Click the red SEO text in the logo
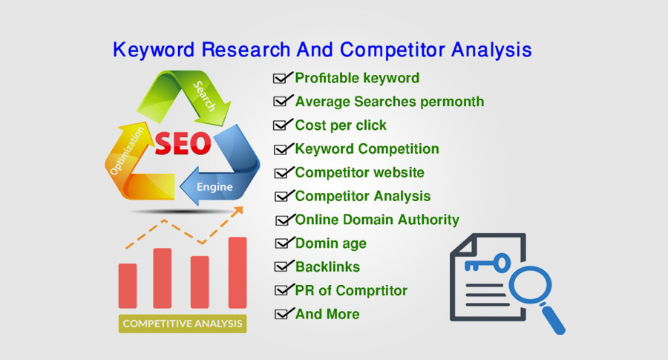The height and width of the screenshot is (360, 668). point(183,143)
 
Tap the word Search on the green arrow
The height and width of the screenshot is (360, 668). point(205,96)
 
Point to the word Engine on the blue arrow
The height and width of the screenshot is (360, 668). point(215,186)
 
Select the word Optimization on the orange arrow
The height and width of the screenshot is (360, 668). point(127,151)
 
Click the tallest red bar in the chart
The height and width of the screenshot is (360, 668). point(238,272)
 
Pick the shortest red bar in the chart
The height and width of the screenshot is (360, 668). point(128,286)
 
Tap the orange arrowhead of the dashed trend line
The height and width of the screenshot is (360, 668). point(238,211)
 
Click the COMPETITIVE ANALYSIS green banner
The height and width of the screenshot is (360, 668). point(183,324)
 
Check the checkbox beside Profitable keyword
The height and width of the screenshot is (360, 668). point(280,79)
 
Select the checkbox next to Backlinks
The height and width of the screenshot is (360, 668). point(281,267)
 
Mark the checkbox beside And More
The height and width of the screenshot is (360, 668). point(281,315)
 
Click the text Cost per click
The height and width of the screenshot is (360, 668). point(341,125)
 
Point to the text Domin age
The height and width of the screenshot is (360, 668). point(330,243)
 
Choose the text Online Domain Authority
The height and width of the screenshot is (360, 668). point(377,220)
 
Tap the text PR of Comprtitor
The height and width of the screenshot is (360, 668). point(351,290)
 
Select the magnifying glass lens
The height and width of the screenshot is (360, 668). point(530,284)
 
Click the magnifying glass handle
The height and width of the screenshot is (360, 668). point(553,319)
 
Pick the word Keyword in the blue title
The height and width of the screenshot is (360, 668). point(154,50)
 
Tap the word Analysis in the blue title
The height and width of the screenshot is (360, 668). point(491,50)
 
